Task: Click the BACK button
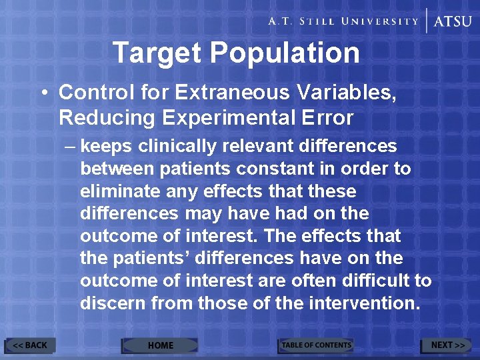30,345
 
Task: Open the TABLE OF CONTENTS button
315,345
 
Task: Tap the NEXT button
447,345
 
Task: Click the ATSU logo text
453,21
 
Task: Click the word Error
327,118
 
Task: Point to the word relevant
259,147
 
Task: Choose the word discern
113,303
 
